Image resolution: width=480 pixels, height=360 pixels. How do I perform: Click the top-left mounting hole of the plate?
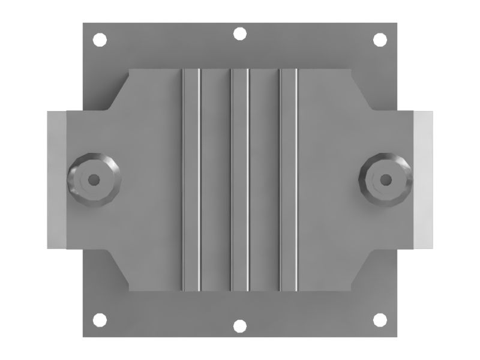point(100,40)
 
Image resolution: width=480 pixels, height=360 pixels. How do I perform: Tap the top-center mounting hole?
point(239,34)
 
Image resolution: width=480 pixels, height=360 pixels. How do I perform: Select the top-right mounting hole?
point(379,40)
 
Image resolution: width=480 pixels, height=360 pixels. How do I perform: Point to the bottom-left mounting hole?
point(100,320)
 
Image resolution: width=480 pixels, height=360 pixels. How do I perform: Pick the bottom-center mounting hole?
point(239,326)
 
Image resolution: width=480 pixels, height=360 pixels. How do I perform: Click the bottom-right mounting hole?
point(379,320)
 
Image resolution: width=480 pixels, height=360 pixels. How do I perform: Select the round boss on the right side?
point(386,179)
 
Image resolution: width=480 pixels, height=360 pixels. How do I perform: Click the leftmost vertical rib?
point(191,179)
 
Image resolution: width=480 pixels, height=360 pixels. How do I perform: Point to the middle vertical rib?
point(240,179)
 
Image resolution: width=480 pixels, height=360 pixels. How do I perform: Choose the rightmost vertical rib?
point(289,179)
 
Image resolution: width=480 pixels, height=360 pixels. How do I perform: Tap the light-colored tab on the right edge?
point(424,179)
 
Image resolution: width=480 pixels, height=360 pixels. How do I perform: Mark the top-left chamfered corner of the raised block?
point(119,90)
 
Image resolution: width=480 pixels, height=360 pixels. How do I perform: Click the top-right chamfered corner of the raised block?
point(361,90)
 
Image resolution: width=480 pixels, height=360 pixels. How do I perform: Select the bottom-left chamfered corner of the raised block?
point(119,269)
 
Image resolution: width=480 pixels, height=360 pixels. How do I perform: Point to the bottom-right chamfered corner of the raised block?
point(361,269)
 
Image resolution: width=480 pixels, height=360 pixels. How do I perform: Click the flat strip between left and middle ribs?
point(215,179)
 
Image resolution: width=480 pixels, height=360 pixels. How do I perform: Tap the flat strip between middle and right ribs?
point(265,179)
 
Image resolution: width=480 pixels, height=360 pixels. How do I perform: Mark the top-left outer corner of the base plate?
point(83,24)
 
